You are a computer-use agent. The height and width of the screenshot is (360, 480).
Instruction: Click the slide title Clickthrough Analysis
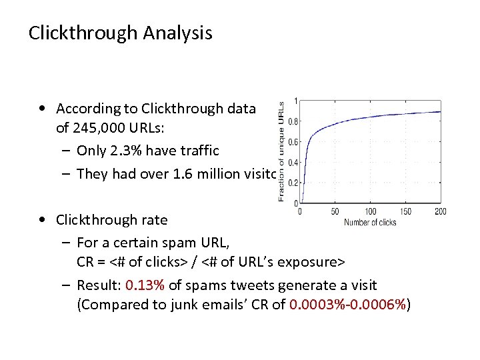coord(120,33)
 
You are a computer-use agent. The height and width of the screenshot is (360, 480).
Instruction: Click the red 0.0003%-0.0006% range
coord(347,305)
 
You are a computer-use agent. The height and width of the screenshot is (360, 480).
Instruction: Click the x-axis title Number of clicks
coord(370,222)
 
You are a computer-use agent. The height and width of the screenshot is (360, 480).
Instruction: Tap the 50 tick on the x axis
coord(335,212)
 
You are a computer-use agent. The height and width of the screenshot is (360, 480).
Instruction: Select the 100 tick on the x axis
coord(370,212)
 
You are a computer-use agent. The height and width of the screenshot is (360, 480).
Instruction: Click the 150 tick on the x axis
coord(405,212)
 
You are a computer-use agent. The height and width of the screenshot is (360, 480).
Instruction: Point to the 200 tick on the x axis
coord(440,212)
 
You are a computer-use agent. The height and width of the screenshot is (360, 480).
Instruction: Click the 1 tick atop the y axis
coord(296,101)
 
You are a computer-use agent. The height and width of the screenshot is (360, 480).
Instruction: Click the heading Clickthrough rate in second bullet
coord(111,219)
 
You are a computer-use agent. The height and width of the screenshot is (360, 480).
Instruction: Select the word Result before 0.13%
coord(97,285)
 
